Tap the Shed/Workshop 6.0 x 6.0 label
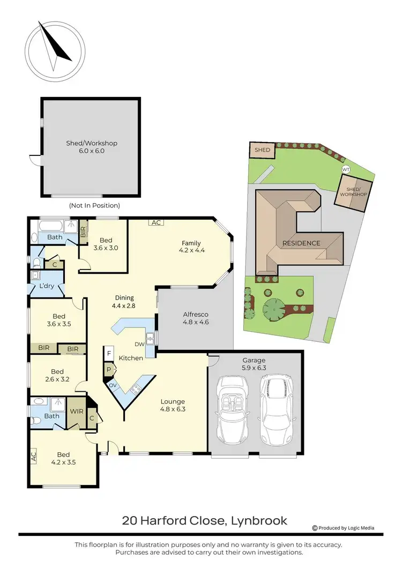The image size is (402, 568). pyautogui.click(x=92, y=147)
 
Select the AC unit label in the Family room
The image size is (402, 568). pyautogui.click(x=156, y=222)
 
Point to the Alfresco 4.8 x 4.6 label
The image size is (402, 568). pyautogui.click(x=196, y=318)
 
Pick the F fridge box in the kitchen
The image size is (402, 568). pyautogui.click(x=109, y=354)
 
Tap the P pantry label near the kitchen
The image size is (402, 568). pyautogui.click(x=109, y=369)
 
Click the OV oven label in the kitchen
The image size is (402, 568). pyautogui.click(x=113, y=384)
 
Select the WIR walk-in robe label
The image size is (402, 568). pyautogui.click(x=76, y=412)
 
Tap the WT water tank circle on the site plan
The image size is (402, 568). pyautogui.click(x=346, y=169)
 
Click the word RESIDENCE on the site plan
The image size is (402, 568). pyautogui.click(x=301, y=243)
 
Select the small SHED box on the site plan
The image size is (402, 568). pyautogui.click(x=262, y=150)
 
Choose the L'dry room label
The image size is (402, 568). pyautogui.click(x=47, y=287)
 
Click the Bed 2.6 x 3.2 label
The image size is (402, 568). pyautogui.click(x=57, y=376)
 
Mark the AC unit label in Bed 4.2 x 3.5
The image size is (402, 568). pyautogui.click(x=33, y=457)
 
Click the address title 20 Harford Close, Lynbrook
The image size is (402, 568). pyautogui.click(x=204, y=520)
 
